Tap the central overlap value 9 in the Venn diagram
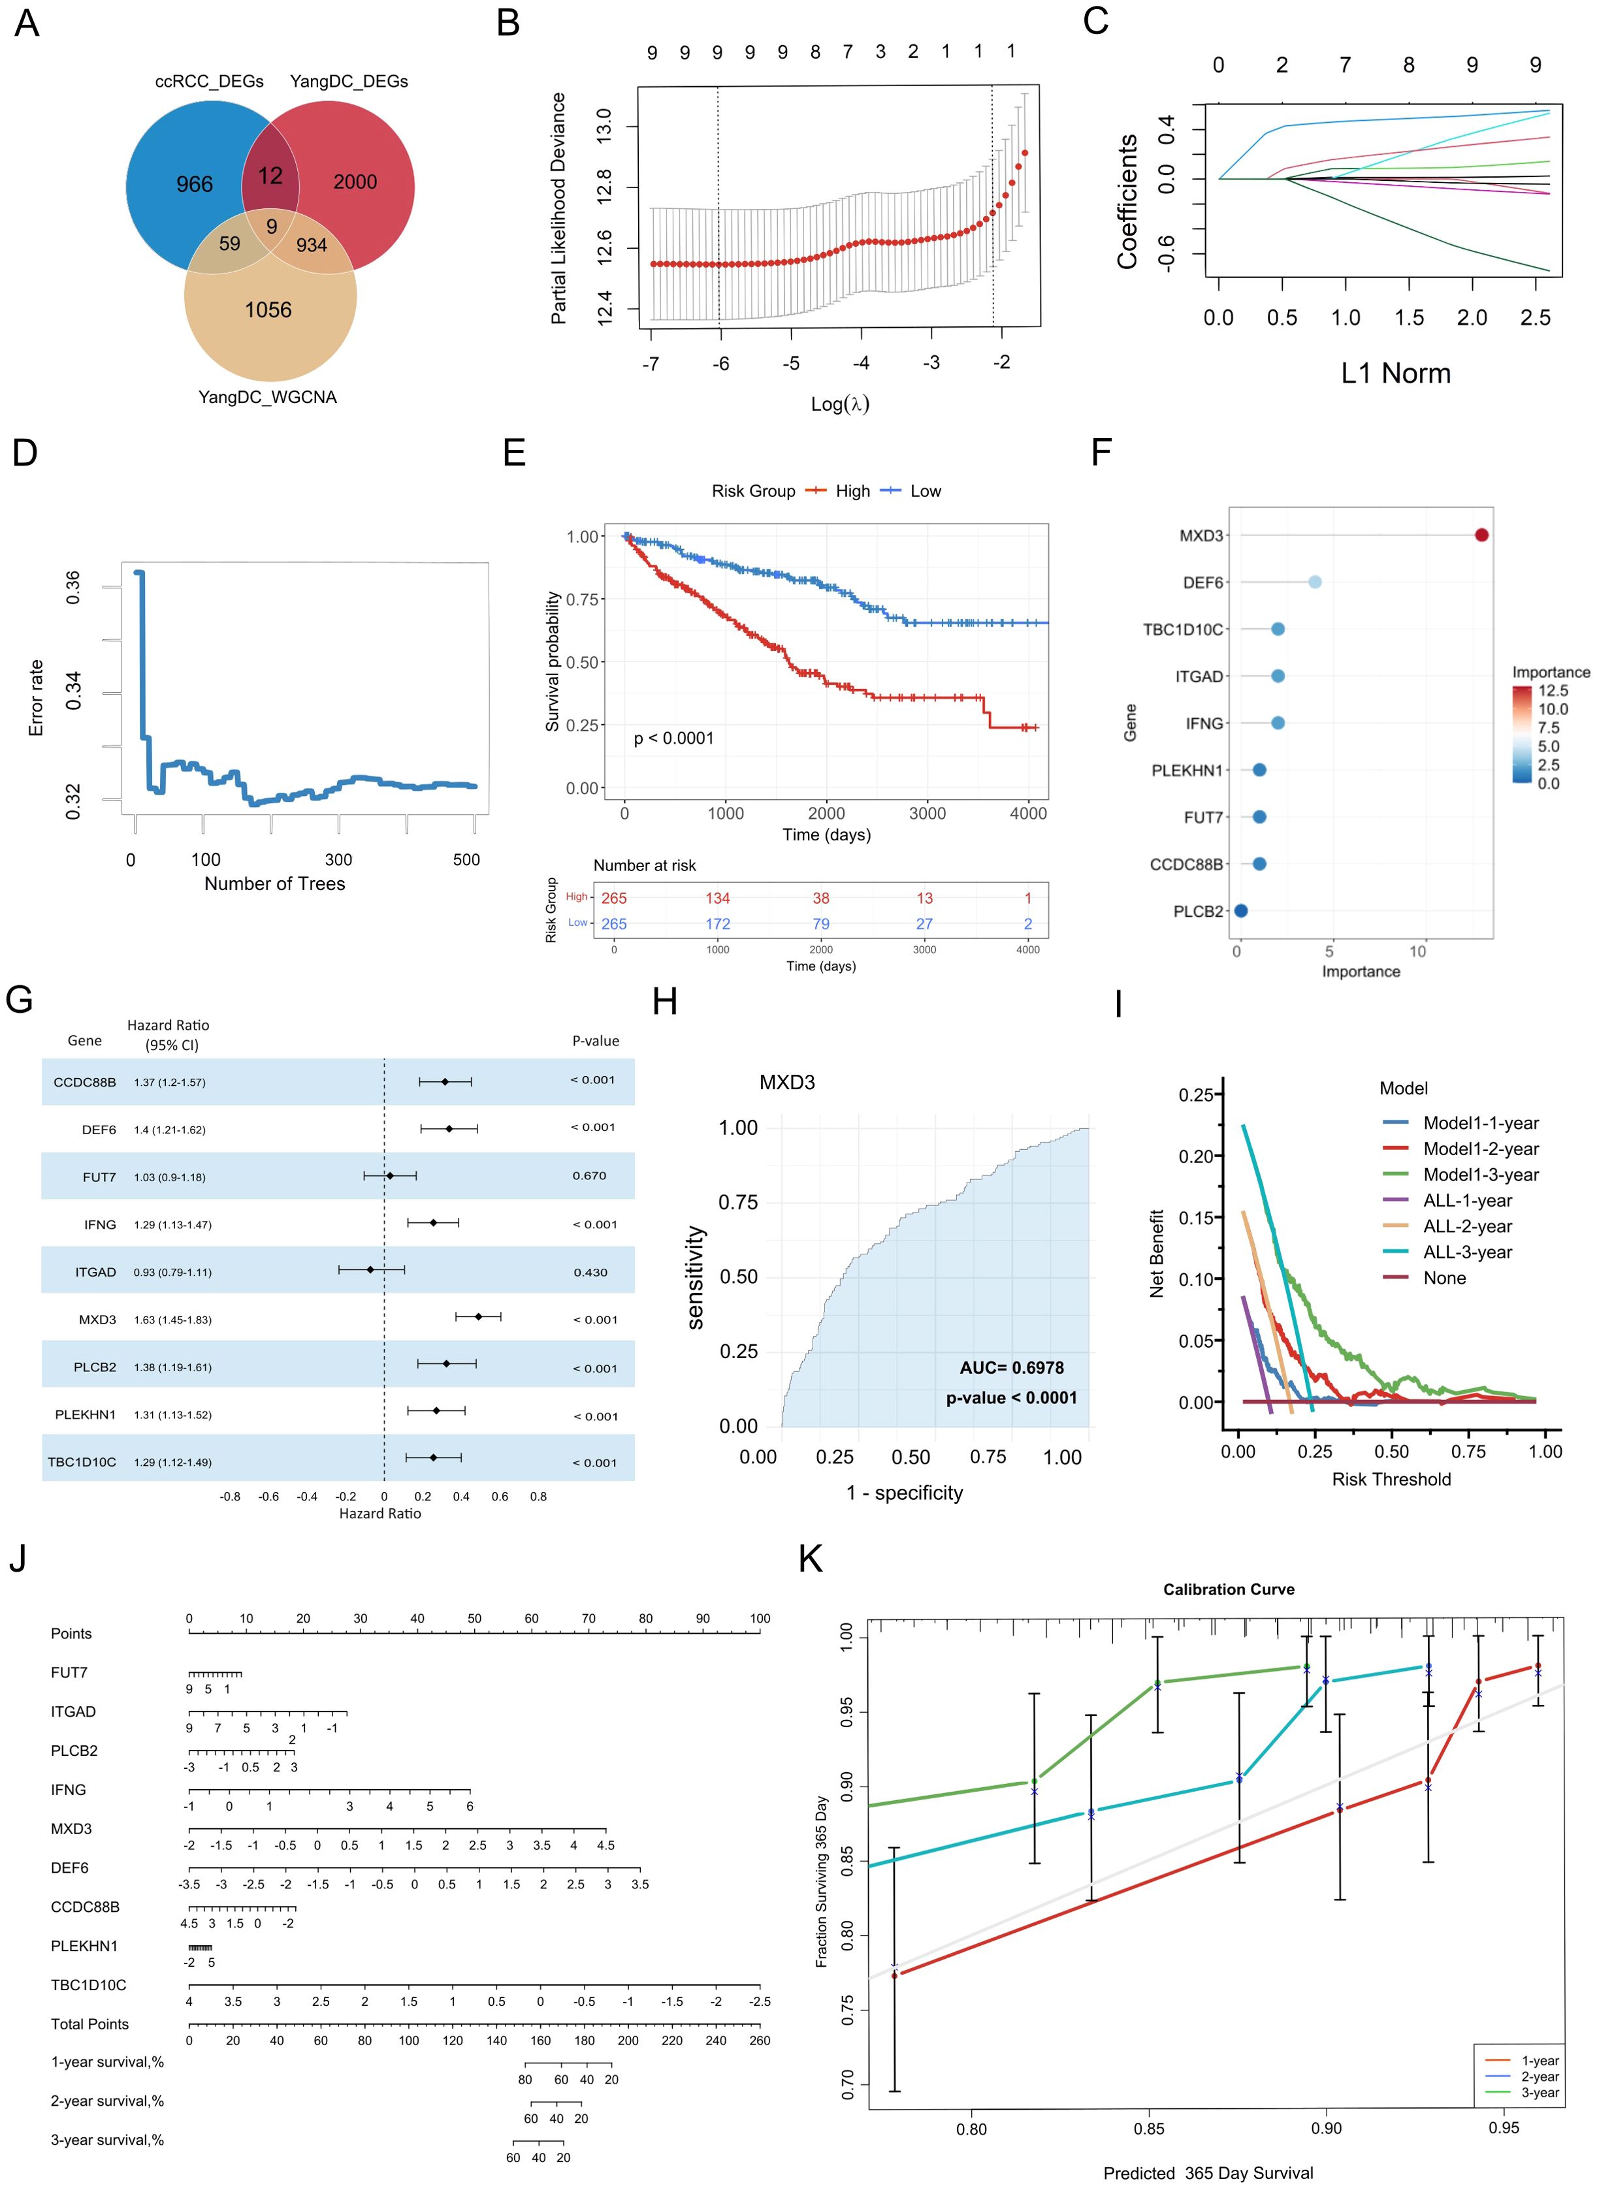(272, 226)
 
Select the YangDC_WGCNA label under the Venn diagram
(268, 397)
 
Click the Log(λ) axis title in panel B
(839, 404)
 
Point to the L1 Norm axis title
(1395, 373)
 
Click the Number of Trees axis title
(274, 883)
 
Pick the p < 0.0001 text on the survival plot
(674, 739)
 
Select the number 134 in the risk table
(717, 898)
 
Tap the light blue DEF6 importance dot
(1315, 582)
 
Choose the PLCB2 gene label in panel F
(1198, 912)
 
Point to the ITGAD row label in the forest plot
(96, 1272)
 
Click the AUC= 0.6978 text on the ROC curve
(1011, 1367)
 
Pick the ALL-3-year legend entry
(1466, 1252)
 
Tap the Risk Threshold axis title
(1391, 1479)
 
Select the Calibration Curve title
(1229, 1589)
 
